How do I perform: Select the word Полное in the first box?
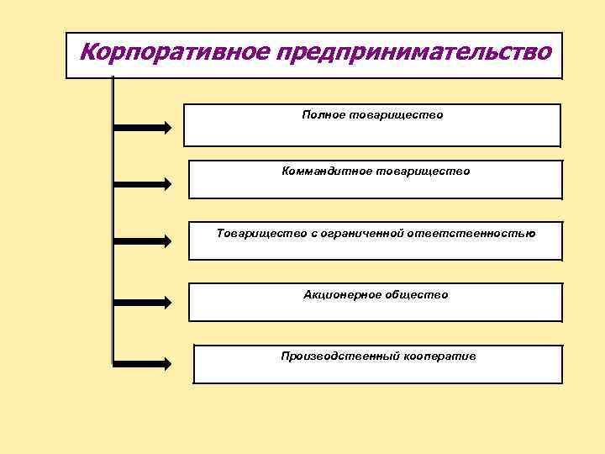(324, 113)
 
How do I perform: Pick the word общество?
(417, 294)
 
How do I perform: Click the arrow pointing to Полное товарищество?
(143, 128)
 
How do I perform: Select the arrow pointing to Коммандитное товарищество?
(143, 183)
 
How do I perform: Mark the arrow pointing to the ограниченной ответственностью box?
(143, 240)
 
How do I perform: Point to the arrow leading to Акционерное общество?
(143, 301)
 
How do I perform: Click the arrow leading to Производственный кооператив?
(143, 364)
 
